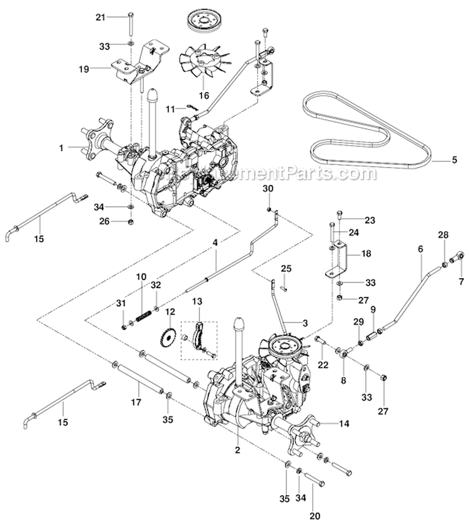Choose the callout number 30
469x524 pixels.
[268, 188]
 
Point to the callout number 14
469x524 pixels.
[344, 423]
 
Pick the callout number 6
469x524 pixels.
[420, 249]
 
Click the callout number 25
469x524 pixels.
[286, 268]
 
